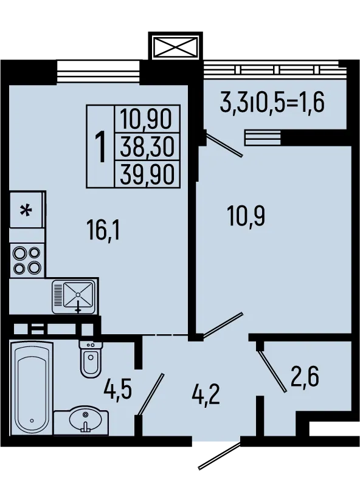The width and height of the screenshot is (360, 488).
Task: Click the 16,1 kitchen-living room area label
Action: pos(103,230)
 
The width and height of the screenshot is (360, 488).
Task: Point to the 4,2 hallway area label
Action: pos(206,394)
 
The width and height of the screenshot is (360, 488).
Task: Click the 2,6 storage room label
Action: pos(305,376)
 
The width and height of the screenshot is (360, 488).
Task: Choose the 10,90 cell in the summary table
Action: pos(146,119)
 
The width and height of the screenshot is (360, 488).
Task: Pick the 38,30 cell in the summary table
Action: pos(147,146)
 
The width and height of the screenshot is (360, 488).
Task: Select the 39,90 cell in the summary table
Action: pos(147,174)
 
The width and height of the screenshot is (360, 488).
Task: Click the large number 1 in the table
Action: pos(100,146)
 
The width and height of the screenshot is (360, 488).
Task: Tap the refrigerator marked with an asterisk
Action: pos(27,210)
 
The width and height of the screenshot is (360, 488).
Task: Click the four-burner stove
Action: pos(27,260)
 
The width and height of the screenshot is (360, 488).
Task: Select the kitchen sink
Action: pos(74,297)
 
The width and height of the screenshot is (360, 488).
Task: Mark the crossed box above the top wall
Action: pos(176,47)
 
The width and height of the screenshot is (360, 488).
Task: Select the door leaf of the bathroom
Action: pos(151,394)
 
